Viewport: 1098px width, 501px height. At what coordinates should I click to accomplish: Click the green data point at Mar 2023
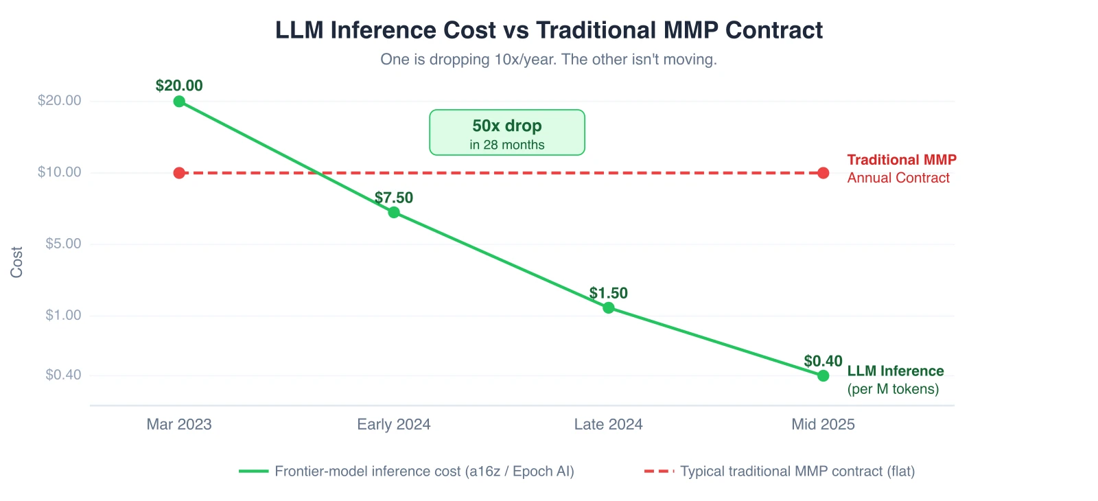[179, 102]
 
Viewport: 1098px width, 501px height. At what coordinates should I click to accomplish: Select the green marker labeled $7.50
[394, 212]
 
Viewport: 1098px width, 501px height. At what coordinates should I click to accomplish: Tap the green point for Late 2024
[609, 307]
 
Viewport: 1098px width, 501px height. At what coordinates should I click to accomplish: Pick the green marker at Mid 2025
[823, 375]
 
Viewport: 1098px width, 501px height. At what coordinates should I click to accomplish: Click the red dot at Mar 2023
[179, 173]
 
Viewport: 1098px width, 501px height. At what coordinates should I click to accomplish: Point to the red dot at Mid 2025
[823, 173]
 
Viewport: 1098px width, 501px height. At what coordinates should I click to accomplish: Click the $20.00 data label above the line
[179, 86]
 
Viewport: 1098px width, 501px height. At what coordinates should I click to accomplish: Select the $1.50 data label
[609, 293]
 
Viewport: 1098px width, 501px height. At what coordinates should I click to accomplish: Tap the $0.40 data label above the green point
[823, 361]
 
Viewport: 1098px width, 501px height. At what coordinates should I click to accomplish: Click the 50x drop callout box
[507, 132]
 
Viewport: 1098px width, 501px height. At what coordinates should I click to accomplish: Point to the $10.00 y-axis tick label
[60, 172]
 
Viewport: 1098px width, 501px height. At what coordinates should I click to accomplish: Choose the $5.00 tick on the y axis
[63, 244]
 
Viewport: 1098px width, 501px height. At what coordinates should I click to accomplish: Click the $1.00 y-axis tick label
[63, 315]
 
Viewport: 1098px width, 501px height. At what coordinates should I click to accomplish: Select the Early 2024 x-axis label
[394, 424]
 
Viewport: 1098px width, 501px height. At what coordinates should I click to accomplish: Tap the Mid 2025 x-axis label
[823, 424]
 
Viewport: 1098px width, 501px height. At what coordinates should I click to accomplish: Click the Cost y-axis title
[16, 262]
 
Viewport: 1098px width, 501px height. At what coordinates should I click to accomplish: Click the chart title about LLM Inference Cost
[549, 30]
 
